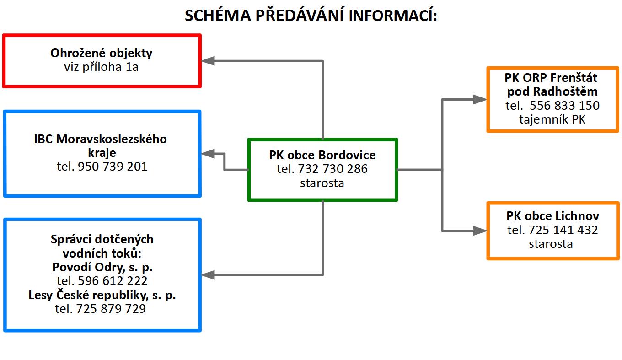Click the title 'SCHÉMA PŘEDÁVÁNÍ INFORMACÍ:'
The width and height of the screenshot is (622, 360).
[311, 15]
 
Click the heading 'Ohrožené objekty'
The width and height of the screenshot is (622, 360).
[102, 53]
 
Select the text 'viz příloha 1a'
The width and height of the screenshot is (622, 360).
[102, 67]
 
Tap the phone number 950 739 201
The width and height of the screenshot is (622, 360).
[113, 167]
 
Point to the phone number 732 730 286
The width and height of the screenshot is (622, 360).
[332, 169]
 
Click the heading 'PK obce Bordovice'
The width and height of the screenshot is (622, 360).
[322, 155]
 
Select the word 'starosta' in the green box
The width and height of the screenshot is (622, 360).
[322, 183]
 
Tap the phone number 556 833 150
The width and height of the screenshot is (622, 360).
[564, 106]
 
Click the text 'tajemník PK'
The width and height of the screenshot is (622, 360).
[552, 119]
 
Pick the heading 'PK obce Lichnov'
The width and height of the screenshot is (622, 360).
[552, 216]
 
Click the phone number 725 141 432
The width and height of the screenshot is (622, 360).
[563, 230]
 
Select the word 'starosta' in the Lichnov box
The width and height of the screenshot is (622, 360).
[551, 244]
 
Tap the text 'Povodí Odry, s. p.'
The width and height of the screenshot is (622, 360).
[102, 267]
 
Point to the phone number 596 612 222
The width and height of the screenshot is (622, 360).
[113, 281]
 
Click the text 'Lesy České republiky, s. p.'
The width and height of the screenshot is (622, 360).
[102, 295]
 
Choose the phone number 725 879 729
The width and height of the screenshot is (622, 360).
[111, 309]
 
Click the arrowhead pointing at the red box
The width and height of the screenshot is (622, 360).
[208, 61]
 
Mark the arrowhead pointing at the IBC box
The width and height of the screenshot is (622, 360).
[208, 154]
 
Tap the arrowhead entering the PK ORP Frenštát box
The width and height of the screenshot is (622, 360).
[480, 99]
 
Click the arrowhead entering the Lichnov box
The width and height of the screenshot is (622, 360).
[480, 231]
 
